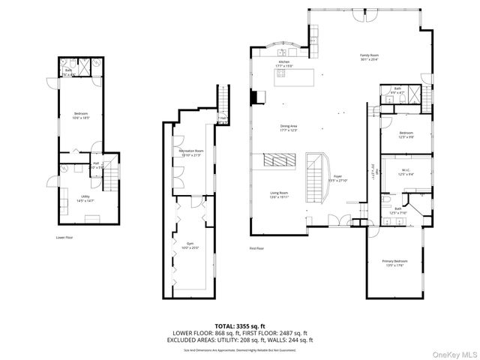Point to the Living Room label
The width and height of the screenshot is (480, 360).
pyautogui.click(x=280, y=195)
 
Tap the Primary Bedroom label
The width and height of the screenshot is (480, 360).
pyautogui.click(x=394, y=263)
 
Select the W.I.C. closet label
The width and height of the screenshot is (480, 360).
pyautogui.click(x=405, y=172)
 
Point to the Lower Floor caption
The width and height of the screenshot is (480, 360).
pyautogui.click(x=64, y=237)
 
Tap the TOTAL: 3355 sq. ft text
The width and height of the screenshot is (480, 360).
pyautogui.click(x=239, y=326)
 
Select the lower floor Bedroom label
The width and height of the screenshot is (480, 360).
pyautogui.click(x=81, y=116)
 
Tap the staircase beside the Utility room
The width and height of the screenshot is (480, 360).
pyautogui.click(x=111, y=178)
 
